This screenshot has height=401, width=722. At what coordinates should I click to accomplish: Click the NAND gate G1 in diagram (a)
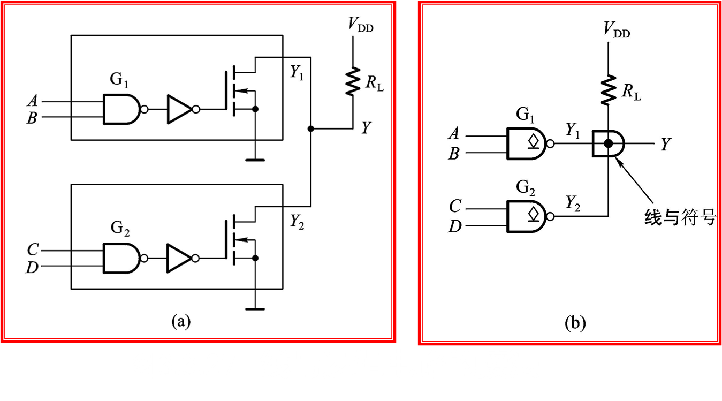[x=122, y=109]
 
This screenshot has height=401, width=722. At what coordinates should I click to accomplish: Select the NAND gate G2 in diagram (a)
[x=122, y=259]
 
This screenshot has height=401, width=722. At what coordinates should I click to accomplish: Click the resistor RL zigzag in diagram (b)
[x=608, y=90]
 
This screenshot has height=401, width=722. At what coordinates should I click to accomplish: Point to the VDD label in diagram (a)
[x=360, y=25]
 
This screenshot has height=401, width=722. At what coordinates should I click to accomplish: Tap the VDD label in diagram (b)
[x=617, y=29]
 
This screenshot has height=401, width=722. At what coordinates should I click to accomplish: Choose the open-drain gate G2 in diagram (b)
[x=527, y=216]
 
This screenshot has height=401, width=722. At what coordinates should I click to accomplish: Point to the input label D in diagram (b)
[x=454, y=226]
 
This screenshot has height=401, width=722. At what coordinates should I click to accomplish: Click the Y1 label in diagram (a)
[x=297, y=73]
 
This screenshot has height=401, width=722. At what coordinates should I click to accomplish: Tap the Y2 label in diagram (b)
[x=573, y=203]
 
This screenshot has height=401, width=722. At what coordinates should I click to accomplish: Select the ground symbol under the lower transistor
[x=255, y=308]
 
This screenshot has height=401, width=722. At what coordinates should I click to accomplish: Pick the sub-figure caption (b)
[x=575, y=323]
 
